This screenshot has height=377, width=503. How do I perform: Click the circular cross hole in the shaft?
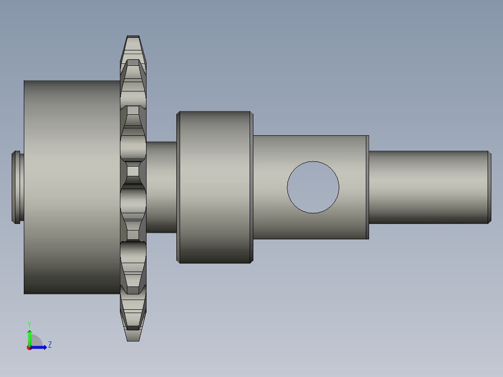(313, 187)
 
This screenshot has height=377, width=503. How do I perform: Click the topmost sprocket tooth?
(133, 44)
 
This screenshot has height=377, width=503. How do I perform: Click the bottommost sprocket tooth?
(133, 332)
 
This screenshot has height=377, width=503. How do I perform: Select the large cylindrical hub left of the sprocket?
(70, 187)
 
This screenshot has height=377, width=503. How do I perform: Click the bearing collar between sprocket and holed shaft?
(215, 187)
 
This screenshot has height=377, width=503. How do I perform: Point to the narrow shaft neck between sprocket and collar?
(161, 187)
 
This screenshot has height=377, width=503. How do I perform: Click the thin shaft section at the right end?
(427, 187)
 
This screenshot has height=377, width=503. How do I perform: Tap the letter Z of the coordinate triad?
(49, 345)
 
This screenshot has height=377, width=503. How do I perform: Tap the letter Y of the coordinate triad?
(29, 324)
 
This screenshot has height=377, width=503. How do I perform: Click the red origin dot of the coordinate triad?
(29, 348)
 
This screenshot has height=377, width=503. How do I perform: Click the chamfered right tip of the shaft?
(489, 187)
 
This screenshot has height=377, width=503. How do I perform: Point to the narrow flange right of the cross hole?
(367, 187)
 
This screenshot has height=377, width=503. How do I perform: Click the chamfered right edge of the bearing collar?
(251, 187)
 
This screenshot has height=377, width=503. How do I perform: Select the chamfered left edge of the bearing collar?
(178, 187)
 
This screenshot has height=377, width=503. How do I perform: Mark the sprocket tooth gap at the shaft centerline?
(133, 172)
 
